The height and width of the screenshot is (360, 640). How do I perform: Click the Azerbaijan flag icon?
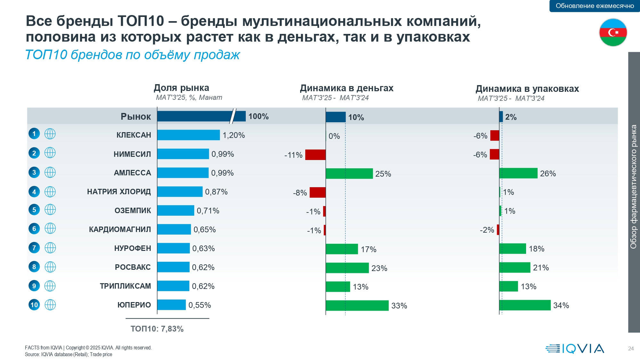(x=613, y=32)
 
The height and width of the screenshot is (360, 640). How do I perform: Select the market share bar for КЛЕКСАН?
(x=188, y=135)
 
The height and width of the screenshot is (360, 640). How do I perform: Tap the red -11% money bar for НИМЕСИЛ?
(x=315, y=155)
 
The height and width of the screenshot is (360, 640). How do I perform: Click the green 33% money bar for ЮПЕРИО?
(x=357, y=306)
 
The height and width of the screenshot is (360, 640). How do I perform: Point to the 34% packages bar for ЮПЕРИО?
(x=525, y=305)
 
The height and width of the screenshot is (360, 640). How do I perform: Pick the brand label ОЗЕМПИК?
(x=133, y=211)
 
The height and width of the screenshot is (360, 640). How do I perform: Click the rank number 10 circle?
(x=34, y=305)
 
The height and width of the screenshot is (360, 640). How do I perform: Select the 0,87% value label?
(x=216, y=192)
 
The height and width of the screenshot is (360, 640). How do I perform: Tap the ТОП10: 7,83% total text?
(x=157, y=329)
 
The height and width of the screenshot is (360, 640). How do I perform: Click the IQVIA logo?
(x=575, y=348)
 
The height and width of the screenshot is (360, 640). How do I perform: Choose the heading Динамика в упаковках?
(x=527, y=89)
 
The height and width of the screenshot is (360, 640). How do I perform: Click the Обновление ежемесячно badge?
(x=595, y=6)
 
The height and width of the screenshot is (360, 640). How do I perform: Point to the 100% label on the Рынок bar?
(x=259, y=116)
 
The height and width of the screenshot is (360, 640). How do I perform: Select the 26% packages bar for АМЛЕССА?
(x=518, y=173)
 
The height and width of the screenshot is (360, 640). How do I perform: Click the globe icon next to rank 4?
(x=50, y=192)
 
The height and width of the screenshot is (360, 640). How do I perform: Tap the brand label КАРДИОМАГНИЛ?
(x=120, y=229)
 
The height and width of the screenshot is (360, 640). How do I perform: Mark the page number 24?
(x=631, y=348)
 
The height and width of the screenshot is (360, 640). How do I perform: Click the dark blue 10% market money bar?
(x=336, y=117)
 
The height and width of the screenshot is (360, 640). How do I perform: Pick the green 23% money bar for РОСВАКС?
(x=347, y=268)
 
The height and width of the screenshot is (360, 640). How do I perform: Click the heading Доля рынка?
(x=181, y=88)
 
